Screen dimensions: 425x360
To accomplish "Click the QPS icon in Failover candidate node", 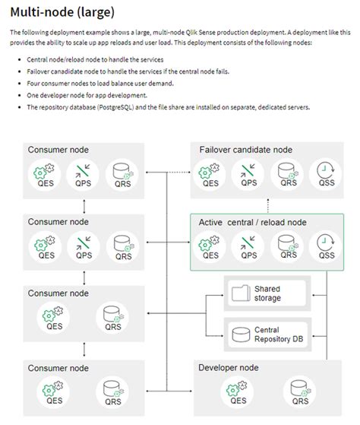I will [248, 170].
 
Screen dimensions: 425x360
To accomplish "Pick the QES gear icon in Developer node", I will [238, 389].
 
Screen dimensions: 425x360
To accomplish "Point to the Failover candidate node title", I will [245, 150].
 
